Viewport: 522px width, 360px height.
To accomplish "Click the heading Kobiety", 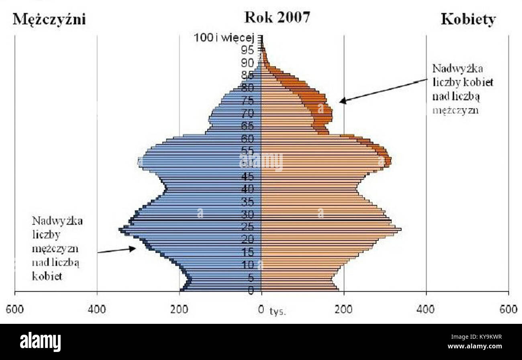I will point(468,20).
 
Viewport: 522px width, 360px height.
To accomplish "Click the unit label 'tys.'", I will point(278,312).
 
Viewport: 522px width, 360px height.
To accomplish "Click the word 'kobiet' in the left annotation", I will point(47,277).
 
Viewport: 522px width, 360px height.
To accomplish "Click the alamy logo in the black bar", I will point(40,342).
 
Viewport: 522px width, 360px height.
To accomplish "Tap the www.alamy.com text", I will point(473,347).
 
